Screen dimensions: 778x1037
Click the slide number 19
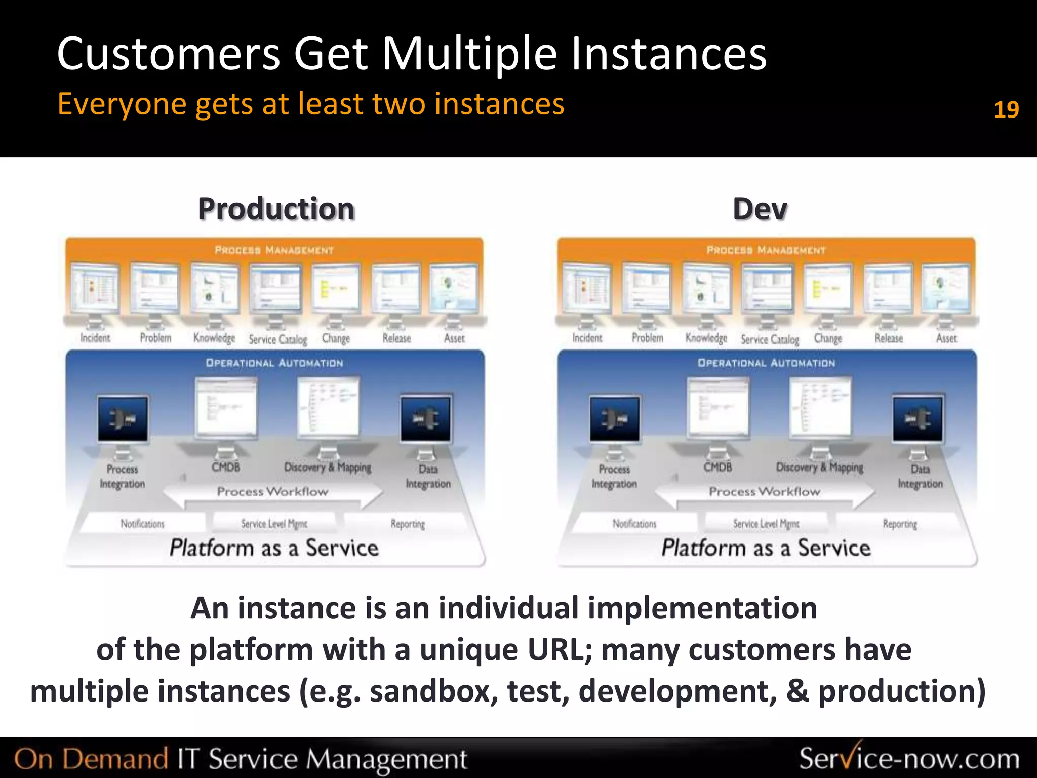click(x=1006, y=109)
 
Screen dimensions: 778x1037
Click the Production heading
click(x=276, y=209)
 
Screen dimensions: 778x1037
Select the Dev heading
click(x=760, y=209)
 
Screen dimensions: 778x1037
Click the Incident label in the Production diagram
click(x=95, y=338)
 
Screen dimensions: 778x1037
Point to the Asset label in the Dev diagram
click(x=946, y=338)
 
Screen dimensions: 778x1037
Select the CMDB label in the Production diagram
click(x=226, y=466)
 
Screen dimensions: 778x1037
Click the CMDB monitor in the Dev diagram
click(x=717, y=408)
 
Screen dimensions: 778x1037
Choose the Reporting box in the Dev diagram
click(x=900, y=524)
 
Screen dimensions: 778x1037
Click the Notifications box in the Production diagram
click(x=142, y=524)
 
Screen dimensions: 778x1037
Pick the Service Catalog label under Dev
click(x=770, y=339)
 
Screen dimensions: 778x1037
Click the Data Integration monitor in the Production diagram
click(x=425, y=419)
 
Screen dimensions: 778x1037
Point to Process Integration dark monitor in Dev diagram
click(x=615, y=419)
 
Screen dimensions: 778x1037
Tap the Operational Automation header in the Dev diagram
click(x=766, y=363)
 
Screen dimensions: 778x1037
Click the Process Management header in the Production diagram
click(x=274, y=250)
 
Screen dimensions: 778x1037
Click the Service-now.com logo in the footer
click(x=909, y=759)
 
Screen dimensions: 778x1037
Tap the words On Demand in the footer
click(x=91, y=759)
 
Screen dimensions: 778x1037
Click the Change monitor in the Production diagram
click(x=336, y=288)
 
